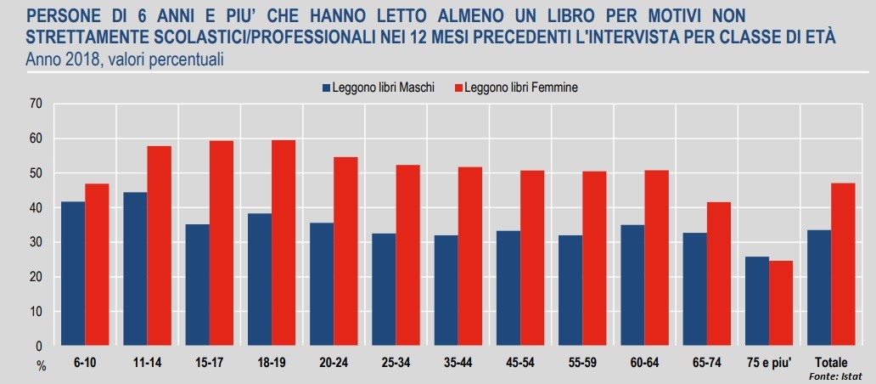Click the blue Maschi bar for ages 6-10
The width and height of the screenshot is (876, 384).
tap(72, 274)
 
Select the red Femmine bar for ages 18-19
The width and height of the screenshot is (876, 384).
tap(284, 243)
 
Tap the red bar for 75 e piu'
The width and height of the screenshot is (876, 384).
tap(780, 303)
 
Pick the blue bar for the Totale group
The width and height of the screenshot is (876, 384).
tap(818, 288)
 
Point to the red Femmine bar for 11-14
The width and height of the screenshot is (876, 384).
tap(159, 246)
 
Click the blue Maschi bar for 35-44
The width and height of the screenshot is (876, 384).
tap(446, 291)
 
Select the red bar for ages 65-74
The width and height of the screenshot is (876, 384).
tap(718, 274)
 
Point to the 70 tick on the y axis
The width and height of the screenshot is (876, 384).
tap(35, 104)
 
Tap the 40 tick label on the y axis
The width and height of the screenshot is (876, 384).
tap(35, 207)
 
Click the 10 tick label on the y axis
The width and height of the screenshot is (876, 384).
tap(35, 312)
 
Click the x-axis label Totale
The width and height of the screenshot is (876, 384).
tap(830, 363)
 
